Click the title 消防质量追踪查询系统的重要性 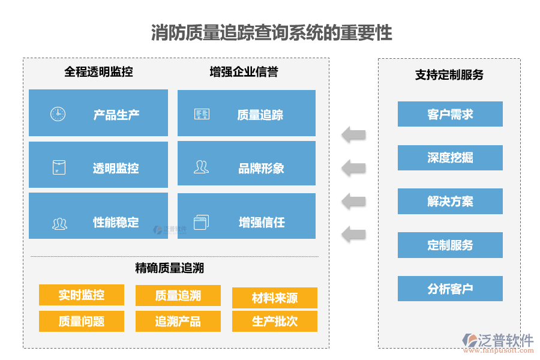pos(271,32)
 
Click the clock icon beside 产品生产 pos(58,113)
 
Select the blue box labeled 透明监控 pos(98,168)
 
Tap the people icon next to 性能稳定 pos(59,224)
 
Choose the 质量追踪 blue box pos(247,114)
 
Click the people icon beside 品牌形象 pos(202,167)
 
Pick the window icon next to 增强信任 pos(201,222)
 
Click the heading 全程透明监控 pos(98,72)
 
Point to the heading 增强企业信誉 pos(244,72)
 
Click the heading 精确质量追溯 pos(170,268)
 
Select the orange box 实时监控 pos(82,295)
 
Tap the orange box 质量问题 pos(82,321)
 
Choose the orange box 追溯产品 pos(178,321)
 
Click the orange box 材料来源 pos(275,298)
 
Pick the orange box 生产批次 pos(275,321)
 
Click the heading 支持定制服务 pos(449,75)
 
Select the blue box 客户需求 pos(450,114)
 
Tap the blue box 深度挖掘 pos(450,158)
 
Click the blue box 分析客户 pos(450,289)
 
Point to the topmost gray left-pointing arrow pos(353,134)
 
